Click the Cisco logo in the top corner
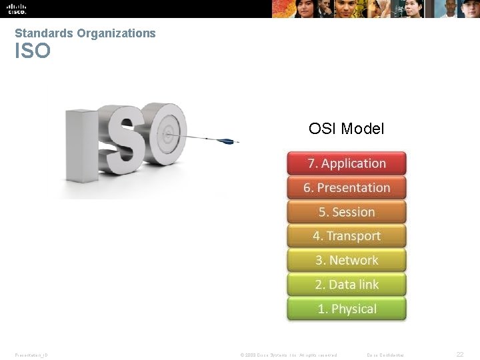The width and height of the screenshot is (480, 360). point(17,9)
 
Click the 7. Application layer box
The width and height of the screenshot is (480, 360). point(347,163)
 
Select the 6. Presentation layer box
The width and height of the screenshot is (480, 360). point(347,187)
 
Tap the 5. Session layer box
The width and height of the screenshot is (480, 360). point(347,212)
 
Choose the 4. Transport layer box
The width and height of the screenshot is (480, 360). point(347,236)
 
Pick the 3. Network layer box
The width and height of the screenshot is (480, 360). point(347,260)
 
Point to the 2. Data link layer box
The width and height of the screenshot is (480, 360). point(347,285)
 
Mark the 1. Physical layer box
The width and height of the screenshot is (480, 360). point(347,309)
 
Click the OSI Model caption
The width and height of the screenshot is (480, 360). point(346,129)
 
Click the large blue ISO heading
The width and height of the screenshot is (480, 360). point(33,51)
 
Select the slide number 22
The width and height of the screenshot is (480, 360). point(459,355)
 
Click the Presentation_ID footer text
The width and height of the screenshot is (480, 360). point(31,355)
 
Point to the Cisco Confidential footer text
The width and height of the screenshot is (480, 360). point(385,355)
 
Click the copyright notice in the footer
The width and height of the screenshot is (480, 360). point(288,355)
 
